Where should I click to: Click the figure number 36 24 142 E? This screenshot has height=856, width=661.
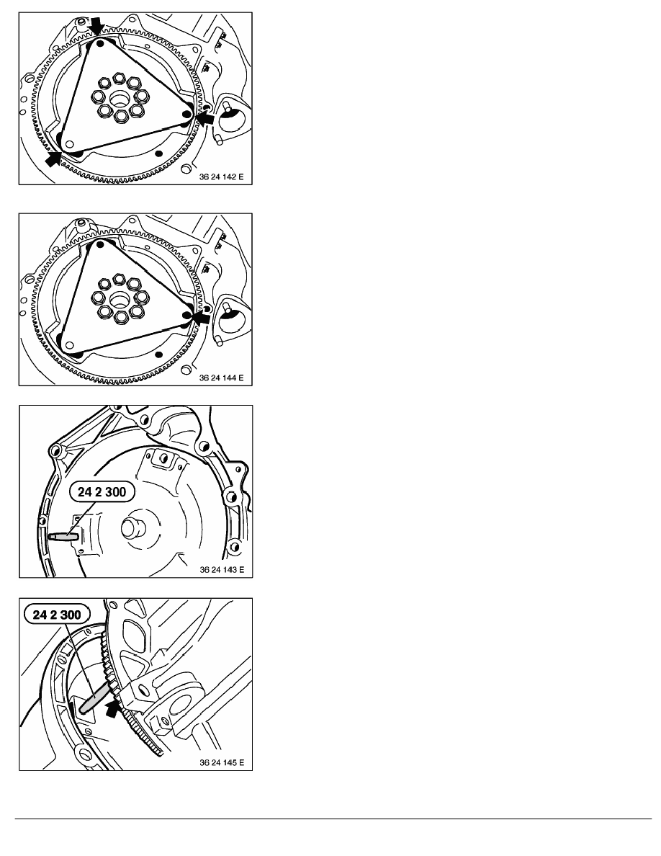(x=221, y=177)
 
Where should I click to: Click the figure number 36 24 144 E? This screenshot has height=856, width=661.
(x=221, y=378)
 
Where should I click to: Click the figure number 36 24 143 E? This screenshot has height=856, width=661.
(x=222, y=570)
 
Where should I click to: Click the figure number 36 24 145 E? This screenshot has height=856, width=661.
(x=222, y=762)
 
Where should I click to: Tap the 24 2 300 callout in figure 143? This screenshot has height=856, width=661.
(x=102, y=492)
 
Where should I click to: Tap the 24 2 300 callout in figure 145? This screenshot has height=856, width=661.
(x=57, y=615)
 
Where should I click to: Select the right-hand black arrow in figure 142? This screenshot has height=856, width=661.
(x=204, y=118)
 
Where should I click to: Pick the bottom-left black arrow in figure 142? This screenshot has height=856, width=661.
(x=53, y=159)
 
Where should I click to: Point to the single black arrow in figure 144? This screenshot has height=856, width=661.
(x=201, y=317)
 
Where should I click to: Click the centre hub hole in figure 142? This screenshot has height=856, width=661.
(x=120, y=99)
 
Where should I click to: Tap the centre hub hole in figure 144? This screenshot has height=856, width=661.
(x=120, y=300)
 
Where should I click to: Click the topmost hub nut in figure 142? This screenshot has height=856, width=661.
(x=118, y=81)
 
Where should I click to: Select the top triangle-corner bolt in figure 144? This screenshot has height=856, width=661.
(x=100, y=245)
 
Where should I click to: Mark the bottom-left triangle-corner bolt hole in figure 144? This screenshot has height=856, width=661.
(x=68, y=346)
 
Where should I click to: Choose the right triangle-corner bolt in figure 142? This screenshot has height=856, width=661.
(x=186, y=114)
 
